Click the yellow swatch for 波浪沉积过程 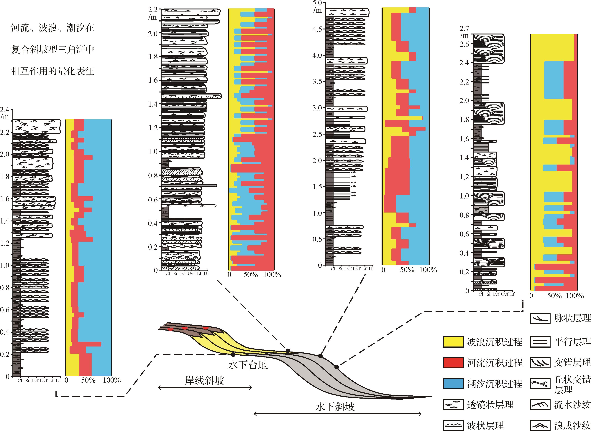(453, 342)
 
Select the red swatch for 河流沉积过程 (453, 363)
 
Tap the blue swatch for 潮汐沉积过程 (453, 384)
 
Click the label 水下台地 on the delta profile (248, 365)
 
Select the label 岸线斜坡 (204, 381)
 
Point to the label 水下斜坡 (335, 407)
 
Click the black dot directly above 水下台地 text (233, 354)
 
